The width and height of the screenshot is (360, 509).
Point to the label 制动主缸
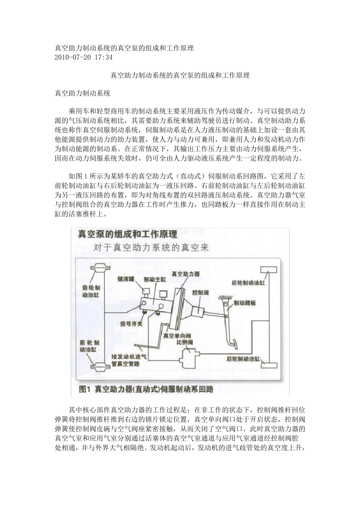click(x=155, y=279)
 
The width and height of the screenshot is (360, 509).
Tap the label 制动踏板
click(x=245, y=303)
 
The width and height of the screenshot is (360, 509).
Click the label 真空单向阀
click(x=177, y=335)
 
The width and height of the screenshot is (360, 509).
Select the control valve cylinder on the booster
click(x=197, y=309)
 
